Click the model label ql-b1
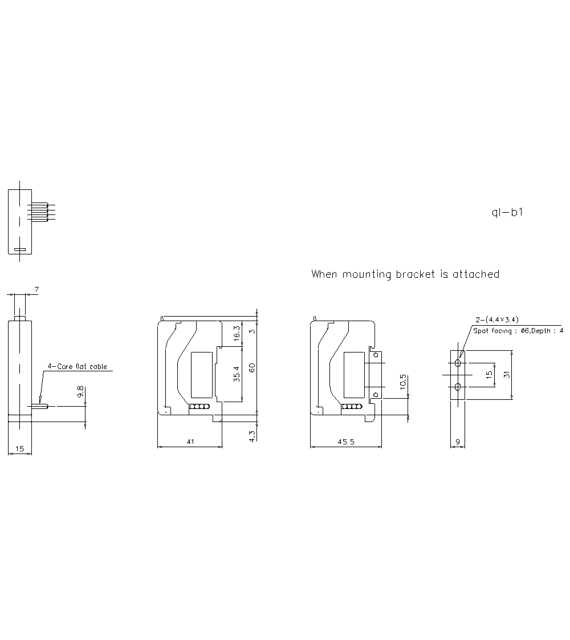point(507,213)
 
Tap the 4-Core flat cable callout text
point(77,367)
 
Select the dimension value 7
point(36,290)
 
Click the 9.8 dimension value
point(81,392)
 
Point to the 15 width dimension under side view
point(19,449)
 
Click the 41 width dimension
point(190,441)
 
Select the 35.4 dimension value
point(237,374)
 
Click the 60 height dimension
point(251,367)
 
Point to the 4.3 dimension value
point(253,435)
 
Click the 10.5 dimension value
point(403,382)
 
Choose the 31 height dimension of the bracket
point(506,375)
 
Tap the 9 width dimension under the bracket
point(458,441)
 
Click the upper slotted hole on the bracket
point(458,363)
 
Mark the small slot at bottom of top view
point(20,249)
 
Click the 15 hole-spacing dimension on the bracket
point(489,375)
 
